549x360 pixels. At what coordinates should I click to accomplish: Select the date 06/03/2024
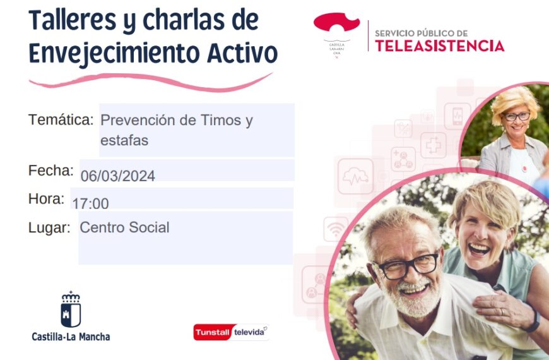coord(118,176)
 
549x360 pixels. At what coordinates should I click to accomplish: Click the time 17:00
coord(90,203)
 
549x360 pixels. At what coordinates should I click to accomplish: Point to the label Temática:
coord(61,119)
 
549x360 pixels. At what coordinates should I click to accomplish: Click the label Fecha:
coord(51,171)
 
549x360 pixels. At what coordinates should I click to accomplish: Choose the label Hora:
coord(46,199)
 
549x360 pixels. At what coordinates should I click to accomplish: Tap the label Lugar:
coord(49,227)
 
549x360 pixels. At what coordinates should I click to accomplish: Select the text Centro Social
coord(124,227)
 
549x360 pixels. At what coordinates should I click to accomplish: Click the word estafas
coord(124,140)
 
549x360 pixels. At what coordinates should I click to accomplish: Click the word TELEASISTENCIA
coord(439,46)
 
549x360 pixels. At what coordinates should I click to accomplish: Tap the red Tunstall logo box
coord(213,333)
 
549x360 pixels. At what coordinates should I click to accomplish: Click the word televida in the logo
coord(251,332)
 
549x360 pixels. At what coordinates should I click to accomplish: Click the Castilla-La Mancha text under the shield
coord(71,337)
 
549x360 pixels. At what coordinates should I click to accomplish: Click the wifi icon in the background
coord(336,229)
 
